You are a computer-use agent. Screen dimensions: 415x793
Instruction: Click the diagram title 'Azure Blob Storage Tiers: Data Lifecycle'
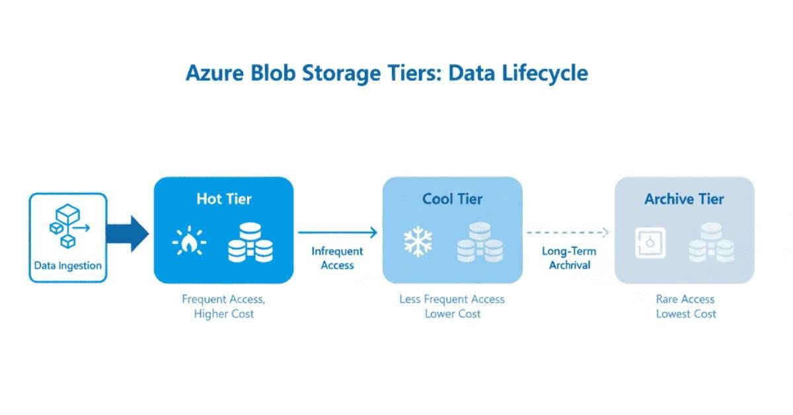tap(387, 73)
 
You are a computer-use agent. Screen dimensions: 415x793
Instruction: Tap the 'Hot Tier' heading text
tap(223, 199)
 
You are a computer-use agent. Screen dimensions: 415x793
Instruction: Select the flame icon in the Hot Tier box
tap(189, 243)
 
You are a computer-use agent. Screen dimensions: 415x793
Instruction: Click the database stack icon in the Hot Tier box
tap(250, 243)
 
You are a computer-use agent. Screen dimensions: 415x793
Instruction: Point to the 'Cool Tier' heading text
tap(453, 199)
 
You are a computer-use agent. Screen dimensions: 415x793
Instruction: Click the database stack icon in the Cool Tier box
tap(479, 243)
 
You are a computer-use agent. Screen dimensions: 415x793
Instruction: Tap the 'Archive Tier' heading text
tap(684, 199)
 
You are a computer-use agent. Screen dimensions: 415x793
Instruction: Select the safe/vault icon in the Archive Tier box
tap(649, 244)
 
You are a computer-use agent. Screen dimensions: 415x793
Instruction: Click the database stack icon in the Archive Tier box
tap(711, 244)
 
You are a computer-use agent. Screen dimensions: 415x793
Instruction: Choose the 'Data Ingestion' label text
tap(68, 266)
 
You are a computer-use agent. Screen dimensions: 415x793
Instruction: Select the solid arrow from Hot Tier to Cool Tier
tap(337, 232)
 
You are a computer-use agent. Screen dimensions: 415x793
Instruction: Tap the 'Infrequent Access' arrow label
tap(337, 258)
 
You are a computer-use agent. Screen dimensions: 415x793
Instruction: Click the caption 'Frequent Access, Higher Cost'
tap(223, 307)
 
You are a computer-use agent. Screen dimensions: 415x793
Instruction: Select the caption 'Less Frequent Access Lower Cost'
tap(452, 307)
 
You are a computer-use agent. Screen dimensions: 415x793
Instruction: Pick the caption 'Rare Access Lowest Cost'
tap(685, 307)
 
